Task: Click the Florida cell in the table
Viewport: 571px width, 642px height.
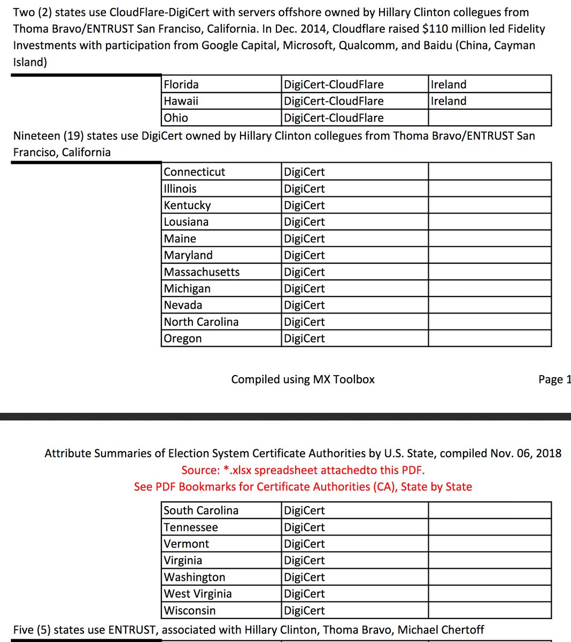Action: (x=181, y=85)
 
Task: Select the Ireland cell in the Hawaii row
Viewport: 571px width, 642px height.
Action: (x=449, y=101)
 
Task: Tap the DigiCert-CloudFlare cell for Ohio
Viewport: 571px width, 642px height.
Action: (x=334, y=118)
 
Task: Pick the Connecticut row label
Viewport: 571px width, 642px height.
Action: (x=195, y=172)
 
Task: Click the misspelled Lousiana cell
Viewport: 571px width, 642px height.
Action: (x=186, y=222)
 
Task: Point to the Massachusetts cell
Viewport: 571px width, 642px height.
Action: (x=202, y=272)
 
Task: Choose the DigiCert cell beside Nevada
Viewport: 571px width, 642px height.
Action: (x=304, y=305)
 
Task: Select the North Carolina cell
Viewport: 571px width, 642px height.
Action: (x=201, y=322)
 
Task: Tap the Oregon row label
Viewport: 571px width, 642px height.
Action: (x=183, y=339)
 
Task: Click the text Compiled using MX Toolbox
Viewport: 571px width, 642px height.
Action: (x=303, y=379)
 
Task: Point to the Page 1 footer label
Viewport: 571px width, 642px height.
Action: (x=554, y=379)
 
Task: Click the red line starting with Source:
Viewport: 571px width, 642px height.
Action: (x=303, y=470)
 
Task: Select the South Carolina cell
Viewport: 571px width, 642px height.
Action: (x=201, y=510)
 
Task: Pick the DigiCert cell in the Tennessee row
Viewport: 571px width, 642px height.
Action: (x=304, y=527)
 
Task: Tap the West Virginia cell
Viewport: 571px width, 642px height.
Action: (x=198, y=594)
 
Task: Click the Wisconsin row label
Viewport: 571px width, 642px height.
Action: (x=190, y=610)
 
